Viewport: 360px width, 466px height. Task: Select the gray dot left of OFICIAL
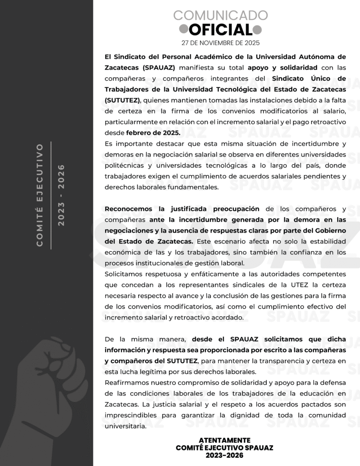tap(183, 30)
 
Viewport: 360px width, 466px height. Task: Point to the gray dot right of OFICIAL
tap(258, 30)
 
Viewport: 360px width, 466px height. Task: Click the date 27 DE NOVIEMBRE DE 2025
tap(220, 43)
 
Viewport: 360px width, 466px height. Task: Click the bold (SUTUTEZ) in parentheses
tap(122, 100)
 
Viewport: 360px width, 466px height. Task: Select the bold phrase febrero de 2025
tap(153, 133)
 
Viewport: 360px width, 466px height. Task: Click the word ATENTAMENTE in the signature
tap(225, 440)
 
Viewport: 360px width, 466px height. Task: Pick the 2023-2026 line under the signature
tap(225, 455)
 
